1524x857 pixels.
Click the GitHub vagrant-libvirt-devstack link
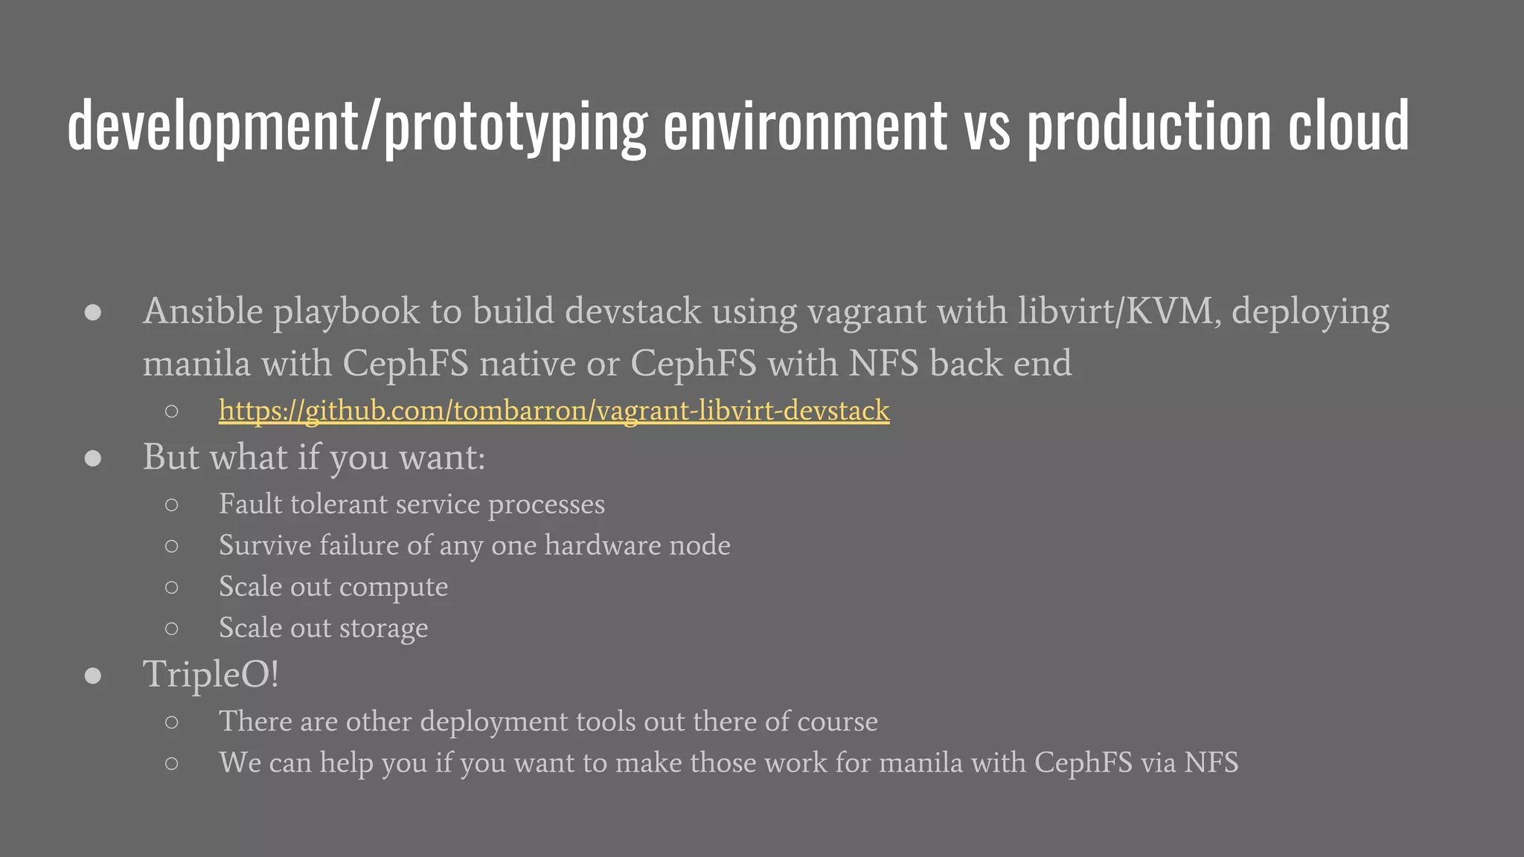(554, 411)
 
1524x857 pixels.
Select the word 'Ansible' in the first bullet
(202, 311)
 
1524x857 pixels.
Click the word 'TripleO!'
(211, 675)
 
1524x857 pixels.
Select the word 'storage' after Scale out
(384, 629)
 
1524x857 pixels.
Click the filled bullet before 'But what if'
(93, 458)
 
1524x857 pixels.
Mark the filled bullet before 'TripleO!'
(93, 675)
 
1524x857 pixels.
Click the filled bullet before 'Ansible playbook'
(93, 312)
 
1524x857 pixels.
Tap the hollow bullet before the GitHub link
(172, 411)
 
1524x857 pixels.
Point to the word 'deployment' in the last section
(494, 722)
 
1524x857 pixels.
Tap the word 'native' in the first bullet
(528, 364)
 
